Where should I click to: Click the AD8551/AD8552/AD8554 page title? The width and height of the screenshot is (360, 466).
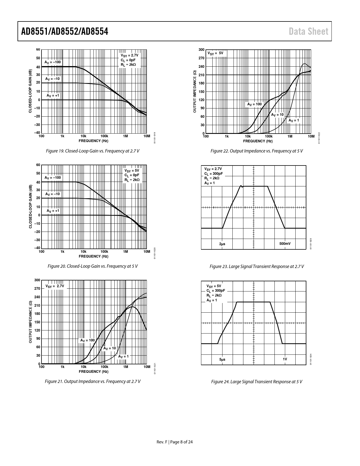(65, 31)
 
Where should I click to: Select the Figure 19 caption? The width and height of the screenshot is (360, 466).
(93, 151)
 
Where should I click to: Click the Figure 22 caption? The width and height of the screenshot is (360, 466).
(257, 151)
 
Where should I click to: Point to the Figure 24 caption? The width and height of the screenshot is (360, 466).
(257, 382)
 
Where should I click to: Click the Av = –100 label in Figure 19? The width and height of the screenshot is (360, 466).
(53, 62)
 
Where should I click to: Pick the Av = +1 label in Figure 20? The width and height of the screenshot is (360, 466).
(53, 211)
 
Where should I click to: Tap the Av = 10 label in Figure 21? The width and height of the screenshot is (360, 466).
(110, 348)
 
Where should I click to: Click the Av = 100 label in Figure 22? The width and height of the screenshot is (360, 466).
(254, 104)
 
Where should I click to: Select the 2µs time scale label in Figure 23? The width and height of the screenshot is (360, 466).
(222, 244)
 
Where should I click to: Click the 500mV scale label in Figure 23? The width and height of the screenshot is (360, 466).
(285, 243)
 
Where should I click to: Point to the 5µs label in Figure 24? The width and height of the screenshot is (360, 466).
(222, 360)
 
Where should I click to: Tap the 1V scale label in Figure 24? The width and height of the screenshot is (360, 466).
(285, 359)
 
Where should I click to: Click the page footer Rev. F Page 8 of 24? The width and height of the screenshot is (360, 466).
(175, 442)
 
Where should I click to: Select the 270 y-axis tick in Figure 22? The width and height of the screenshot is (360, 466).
(201, 58)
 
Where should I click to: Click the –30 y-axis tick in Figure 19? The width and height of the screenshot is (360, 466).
(37, 125)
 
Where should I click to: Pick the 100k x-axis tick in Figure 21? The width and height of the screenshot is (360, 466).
(104, 367)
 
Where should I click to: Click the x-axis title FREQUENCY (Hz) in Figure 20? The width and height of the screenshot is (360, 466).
(93, 256)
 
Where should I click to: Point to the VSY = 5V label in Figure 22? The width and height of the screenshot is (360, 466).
(215, 53)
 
